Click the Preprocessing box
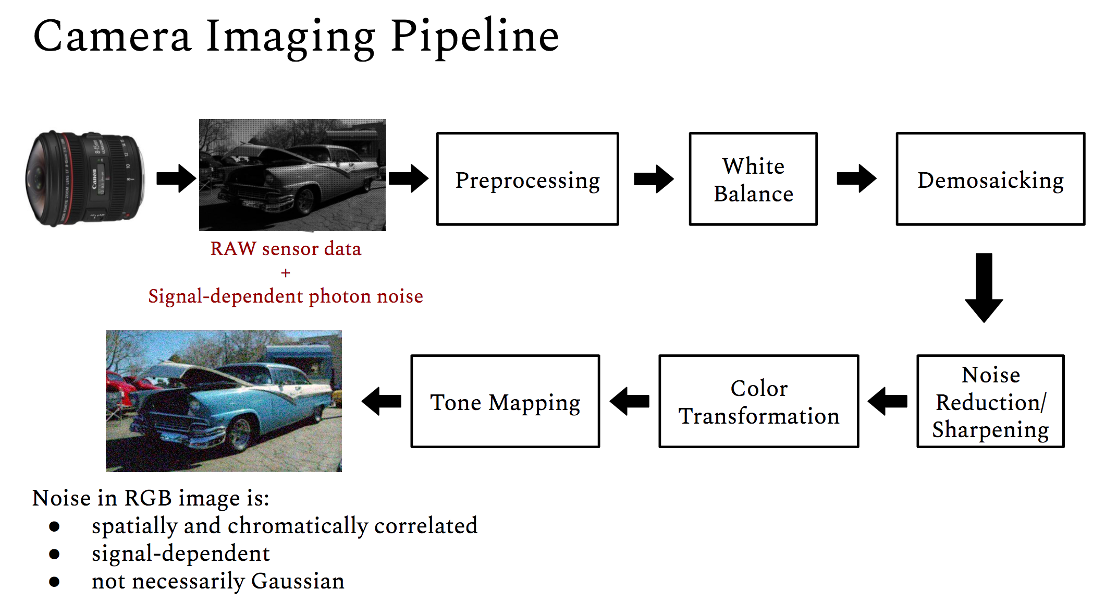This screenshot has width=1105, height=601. [527, 179]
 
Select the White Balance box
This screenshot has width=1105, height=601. [753, 179]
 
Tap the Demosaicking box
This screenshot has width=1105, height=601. [990, 179]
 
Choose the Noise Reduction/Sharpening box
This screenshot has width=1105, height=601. [990, 401]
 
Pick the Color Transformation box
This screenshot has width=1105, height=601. [758, 401]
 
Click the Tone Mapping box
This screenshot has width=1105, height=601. [505, 401]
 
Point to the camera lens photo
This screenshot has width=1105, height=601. [84, 178]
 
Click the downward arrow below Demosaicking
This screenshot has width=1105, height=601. [984, 287]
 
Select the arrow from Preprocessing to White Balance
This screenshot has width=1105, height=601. [654, 179]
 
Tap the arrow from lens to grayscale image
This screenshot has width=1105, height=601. [176, 178]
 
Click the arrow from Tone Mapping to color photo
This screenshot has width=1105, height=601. [382, 401]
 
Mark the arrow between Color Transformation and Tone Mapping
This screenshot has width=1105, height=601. [630, 401]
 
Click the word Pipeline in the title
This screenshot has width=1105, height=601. [474, 37]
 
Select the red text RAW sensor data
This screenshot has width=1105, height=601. [285, 249]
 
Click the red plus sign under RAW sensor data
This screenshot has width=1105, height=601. [285, 273]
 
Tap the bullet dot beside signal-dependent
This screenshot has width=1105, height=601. [54, 554]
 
